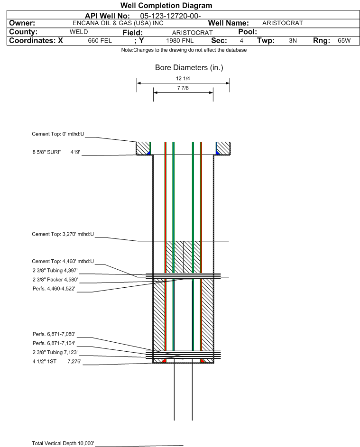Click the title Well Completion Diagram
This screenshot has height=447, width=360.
[166, 6]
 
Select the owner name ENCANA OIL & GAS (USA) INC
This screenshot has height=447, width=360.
[118, 23]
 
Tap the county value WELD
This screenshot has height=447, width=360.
[79, 32]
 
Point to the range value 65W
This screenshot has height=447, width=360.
[344, 41]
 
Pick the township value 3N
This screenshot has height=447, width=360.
[293, 41]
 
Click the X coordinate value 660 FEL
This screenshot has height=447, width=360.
[100, 41]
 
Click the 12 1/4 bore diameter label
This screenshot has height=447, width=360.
[183, 79]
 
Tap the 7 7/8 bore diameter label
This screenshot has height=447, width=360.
[183, 88]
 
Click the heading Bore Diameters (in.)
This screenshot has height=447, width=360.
[189, 68]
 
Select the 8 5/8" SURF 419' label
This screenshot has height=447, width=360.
[55, 152]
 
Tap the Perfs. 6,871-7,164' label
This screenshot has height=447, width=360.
[54, 343]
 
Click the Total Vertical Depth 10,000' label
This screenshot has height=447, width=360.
[63, 443]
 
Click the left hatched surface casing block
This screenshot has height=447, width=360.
[144, 148]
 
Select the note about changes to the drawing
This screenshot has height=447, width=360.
[184, 50]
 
